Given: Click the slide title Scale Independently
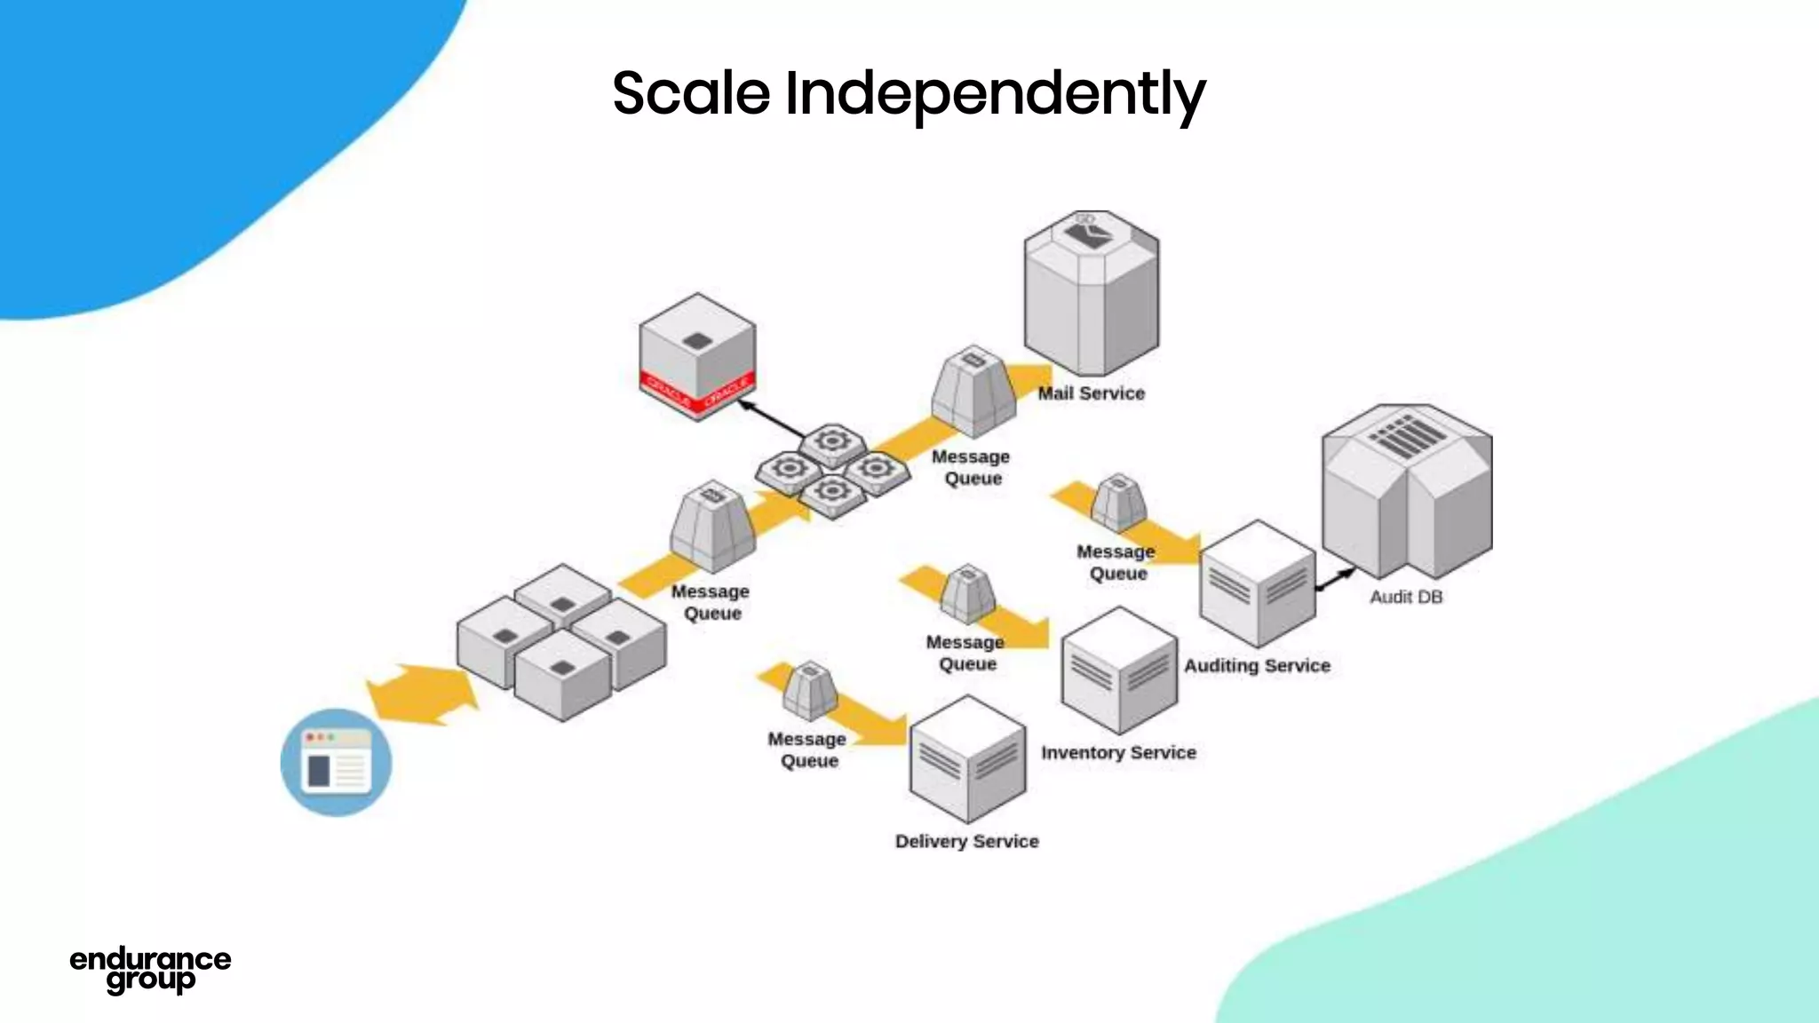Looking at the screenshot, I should point(909,93).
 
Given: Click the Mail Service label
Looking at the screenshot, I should point(1091,393).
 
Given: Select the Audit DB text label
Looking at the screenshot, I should point(1405,597).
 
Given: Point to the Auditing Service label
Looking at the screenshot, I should point(1257,665).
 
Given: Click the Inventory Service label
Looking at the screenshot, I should point(1118,752).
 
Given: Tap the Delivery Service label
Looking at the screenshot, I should point(966,841).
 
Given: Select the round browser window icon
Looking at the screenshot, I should point(336,762).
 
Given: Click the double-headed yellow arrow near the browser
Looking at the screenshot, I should point(423,694).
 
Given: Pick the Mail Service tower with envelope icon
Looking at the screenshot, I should point(1091,293).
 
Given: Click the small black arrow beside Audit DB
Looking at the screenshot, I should point(1335,579).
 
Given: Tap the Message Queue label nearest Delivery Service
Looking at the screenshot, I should point(807,749).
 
